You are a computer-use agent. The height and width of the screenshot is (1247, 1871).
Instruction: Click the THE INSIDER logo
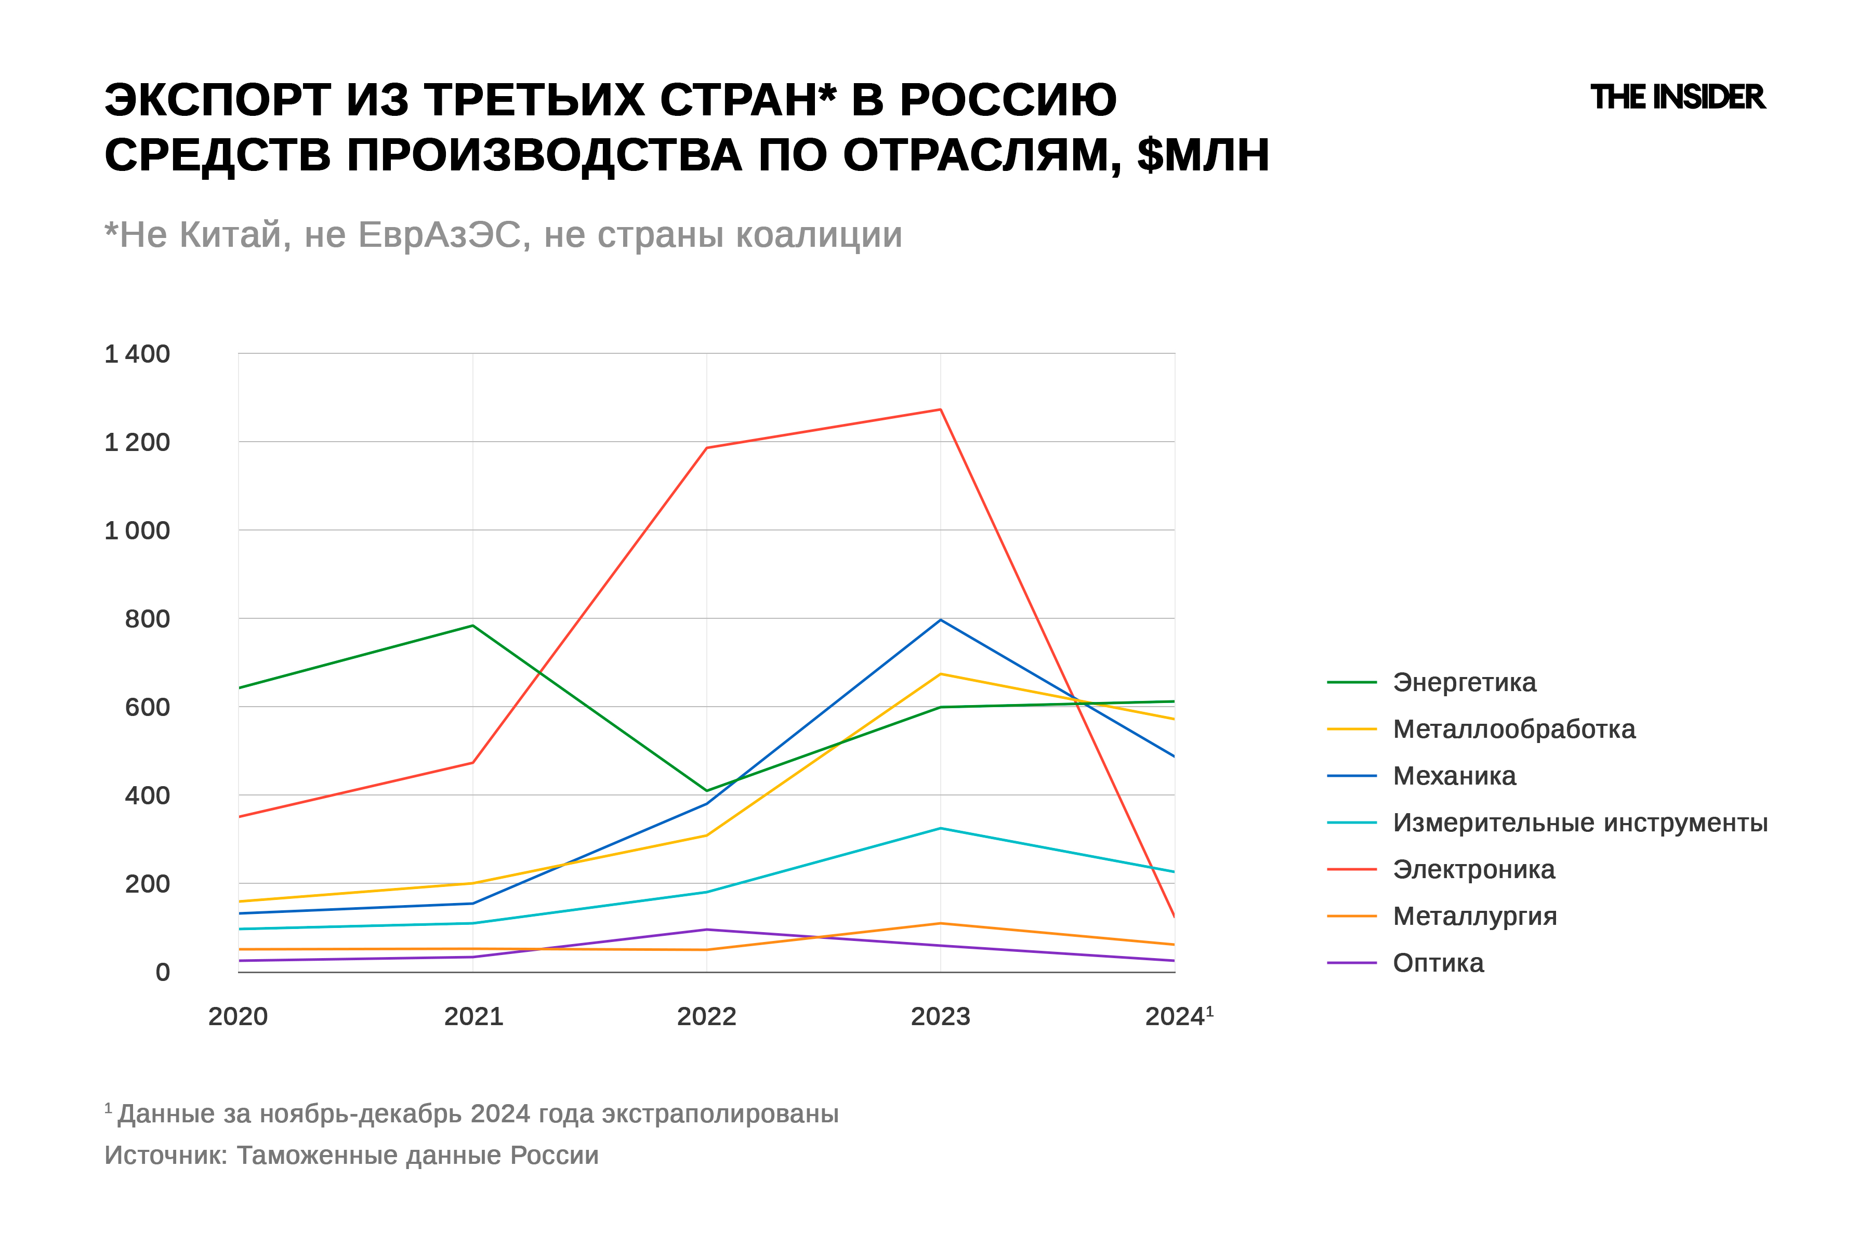click(1677, 97)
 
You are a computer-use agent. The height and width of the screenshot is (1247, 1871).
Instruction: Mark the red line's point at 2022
click(706, 448)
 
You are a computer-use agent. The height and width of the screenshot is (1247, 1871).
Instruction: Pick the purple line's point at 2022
click(706, 929)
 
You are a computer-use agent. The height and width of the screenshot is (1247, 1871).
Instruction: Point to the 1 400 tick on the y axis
click(137, 354)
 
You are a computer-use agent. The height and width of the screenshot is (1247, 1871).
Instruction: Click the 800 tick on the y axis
click(147, 619)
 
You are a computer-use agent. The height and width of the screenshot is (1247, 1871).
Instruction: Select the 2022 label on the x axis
click(706, 1016)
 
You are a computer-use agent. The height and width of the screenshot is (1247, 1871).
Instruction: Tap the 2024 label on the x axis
click(1176, 1016)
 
